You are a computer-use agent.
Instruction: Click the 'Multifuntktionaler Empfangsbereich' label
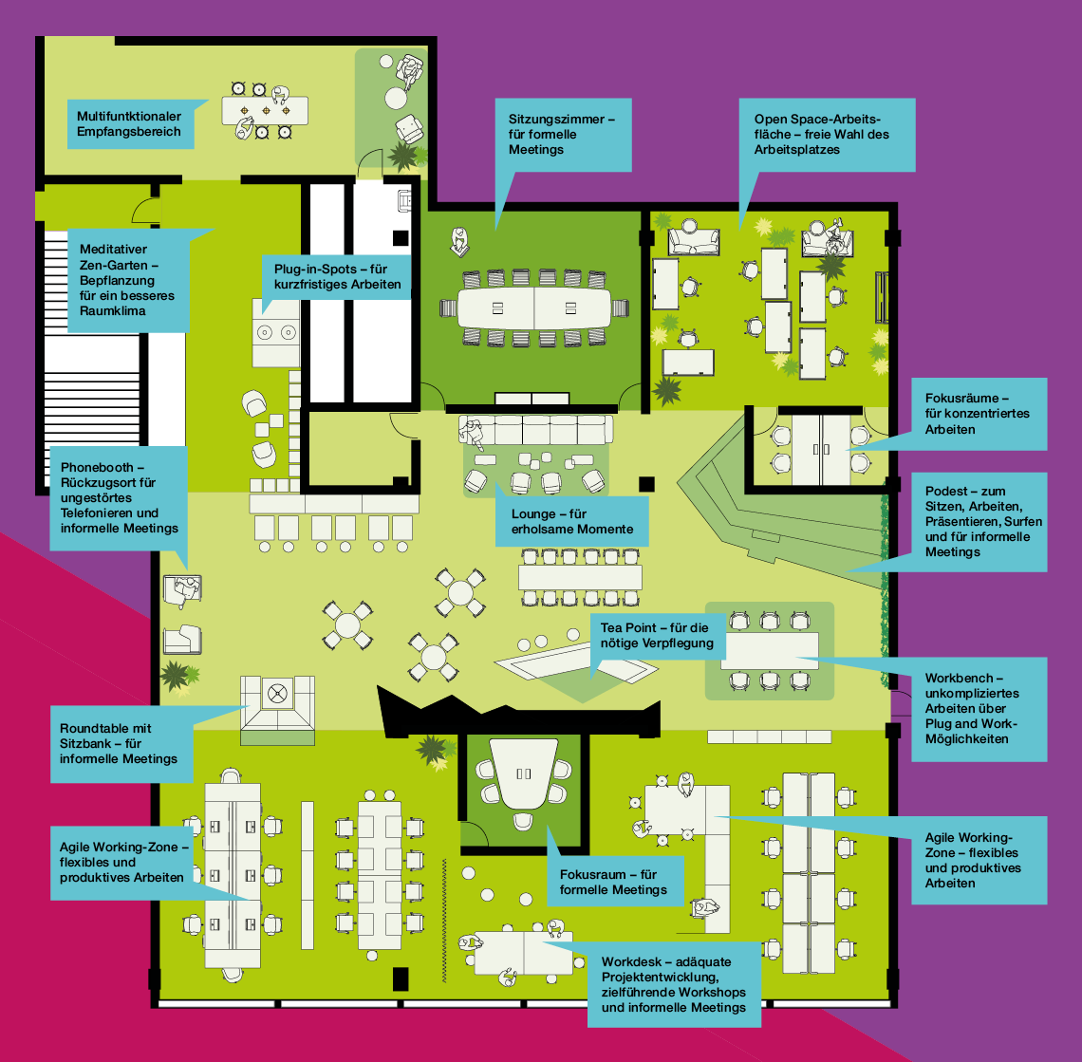[130, 124]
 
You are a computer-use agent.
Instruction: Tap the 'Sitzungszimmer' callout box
[563, 135]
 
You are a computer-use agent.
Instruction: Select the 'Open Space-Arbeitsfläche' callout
[827, 135]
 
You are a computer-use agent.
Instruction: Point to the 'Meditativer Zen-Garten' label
[128, 280]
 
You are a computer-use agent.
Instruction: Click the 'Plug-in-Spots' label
[337, 277]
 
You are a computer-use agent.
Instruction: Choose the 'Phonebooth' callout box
[119, 497]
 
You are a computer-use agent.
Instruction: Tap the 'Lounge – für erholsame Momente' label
[572, 522]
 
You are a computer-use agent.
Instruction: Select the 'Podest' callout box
[979, 522]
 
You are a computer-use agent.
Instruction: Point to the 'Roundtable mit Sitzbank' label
[121, 744]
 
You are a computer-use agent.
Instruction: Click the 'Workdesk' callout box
[674, 985]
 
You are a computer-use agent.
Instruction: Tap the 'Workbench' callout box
[979, 709]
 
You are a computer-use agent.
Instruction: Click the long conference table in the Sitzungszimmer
[534, 307]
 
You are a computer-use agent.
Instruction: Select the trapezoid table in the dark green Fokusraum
[523, 773]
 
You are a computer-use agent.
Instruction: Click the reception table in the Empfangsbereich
[265, 110]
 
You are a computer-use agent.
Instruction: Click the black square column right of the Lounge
[646, 484]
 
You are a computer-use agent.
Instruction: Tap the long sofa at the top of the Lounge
[536, 429]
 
